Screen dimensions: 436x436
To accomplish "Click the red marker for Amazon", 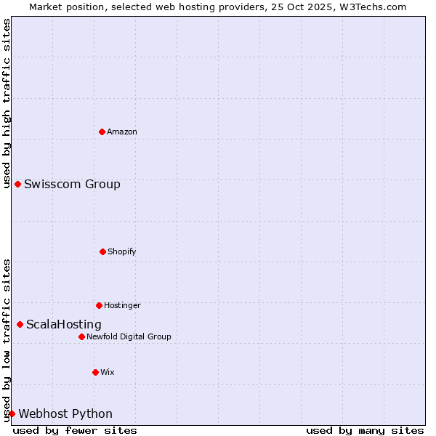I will click(x=102, y=132).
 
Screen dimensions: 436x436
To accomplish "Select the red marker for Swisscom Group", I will click(x=17, y=184).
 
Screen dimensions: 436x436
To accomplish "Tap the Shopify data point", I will click(x=102, y=251).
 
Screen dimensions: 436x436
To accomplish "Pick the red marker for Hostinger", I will click(x=99, y=305).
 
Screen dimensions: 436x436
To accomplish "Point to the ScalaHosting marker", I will click(x=20, y=324).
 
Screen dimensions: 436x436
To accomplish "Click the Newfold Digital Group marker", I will click(x=81, y=336).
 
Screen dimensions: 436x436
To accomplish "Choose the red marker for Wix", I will click(x=95, y=372).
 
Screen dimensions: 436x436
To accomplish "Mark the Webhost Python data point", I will click(x=12, y=413).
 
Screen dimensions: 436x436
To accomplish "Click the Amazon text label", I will click(x=122, y=132).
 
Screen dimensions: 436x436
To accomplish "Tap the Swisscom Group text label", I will click(x=72, y=184).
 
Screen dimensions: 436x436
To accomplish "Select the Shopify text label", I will click(x=122, y=251).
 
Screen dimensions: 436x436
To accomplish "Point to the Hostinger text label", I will click(x=122, y=305).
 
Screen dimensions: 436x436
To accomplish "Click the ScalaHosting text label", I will click(x=64, y=324).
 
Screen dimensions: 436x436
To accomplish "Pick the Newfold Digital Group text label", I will click(x=129, y=336).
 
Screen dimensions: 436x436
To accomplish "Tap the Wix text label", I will click(x=108, y=372).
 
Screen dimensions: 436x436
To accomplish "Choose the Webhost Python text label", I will click(x=65, y=413).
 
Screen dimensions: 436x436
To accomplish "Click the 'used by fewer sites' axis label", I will click(x=75, y=430).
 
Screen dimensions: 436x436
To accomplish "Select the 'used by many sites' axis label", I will click(x=364, y=430).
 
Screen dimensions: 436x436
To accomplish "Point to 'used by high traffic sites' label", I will click(x=7, y=103).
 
